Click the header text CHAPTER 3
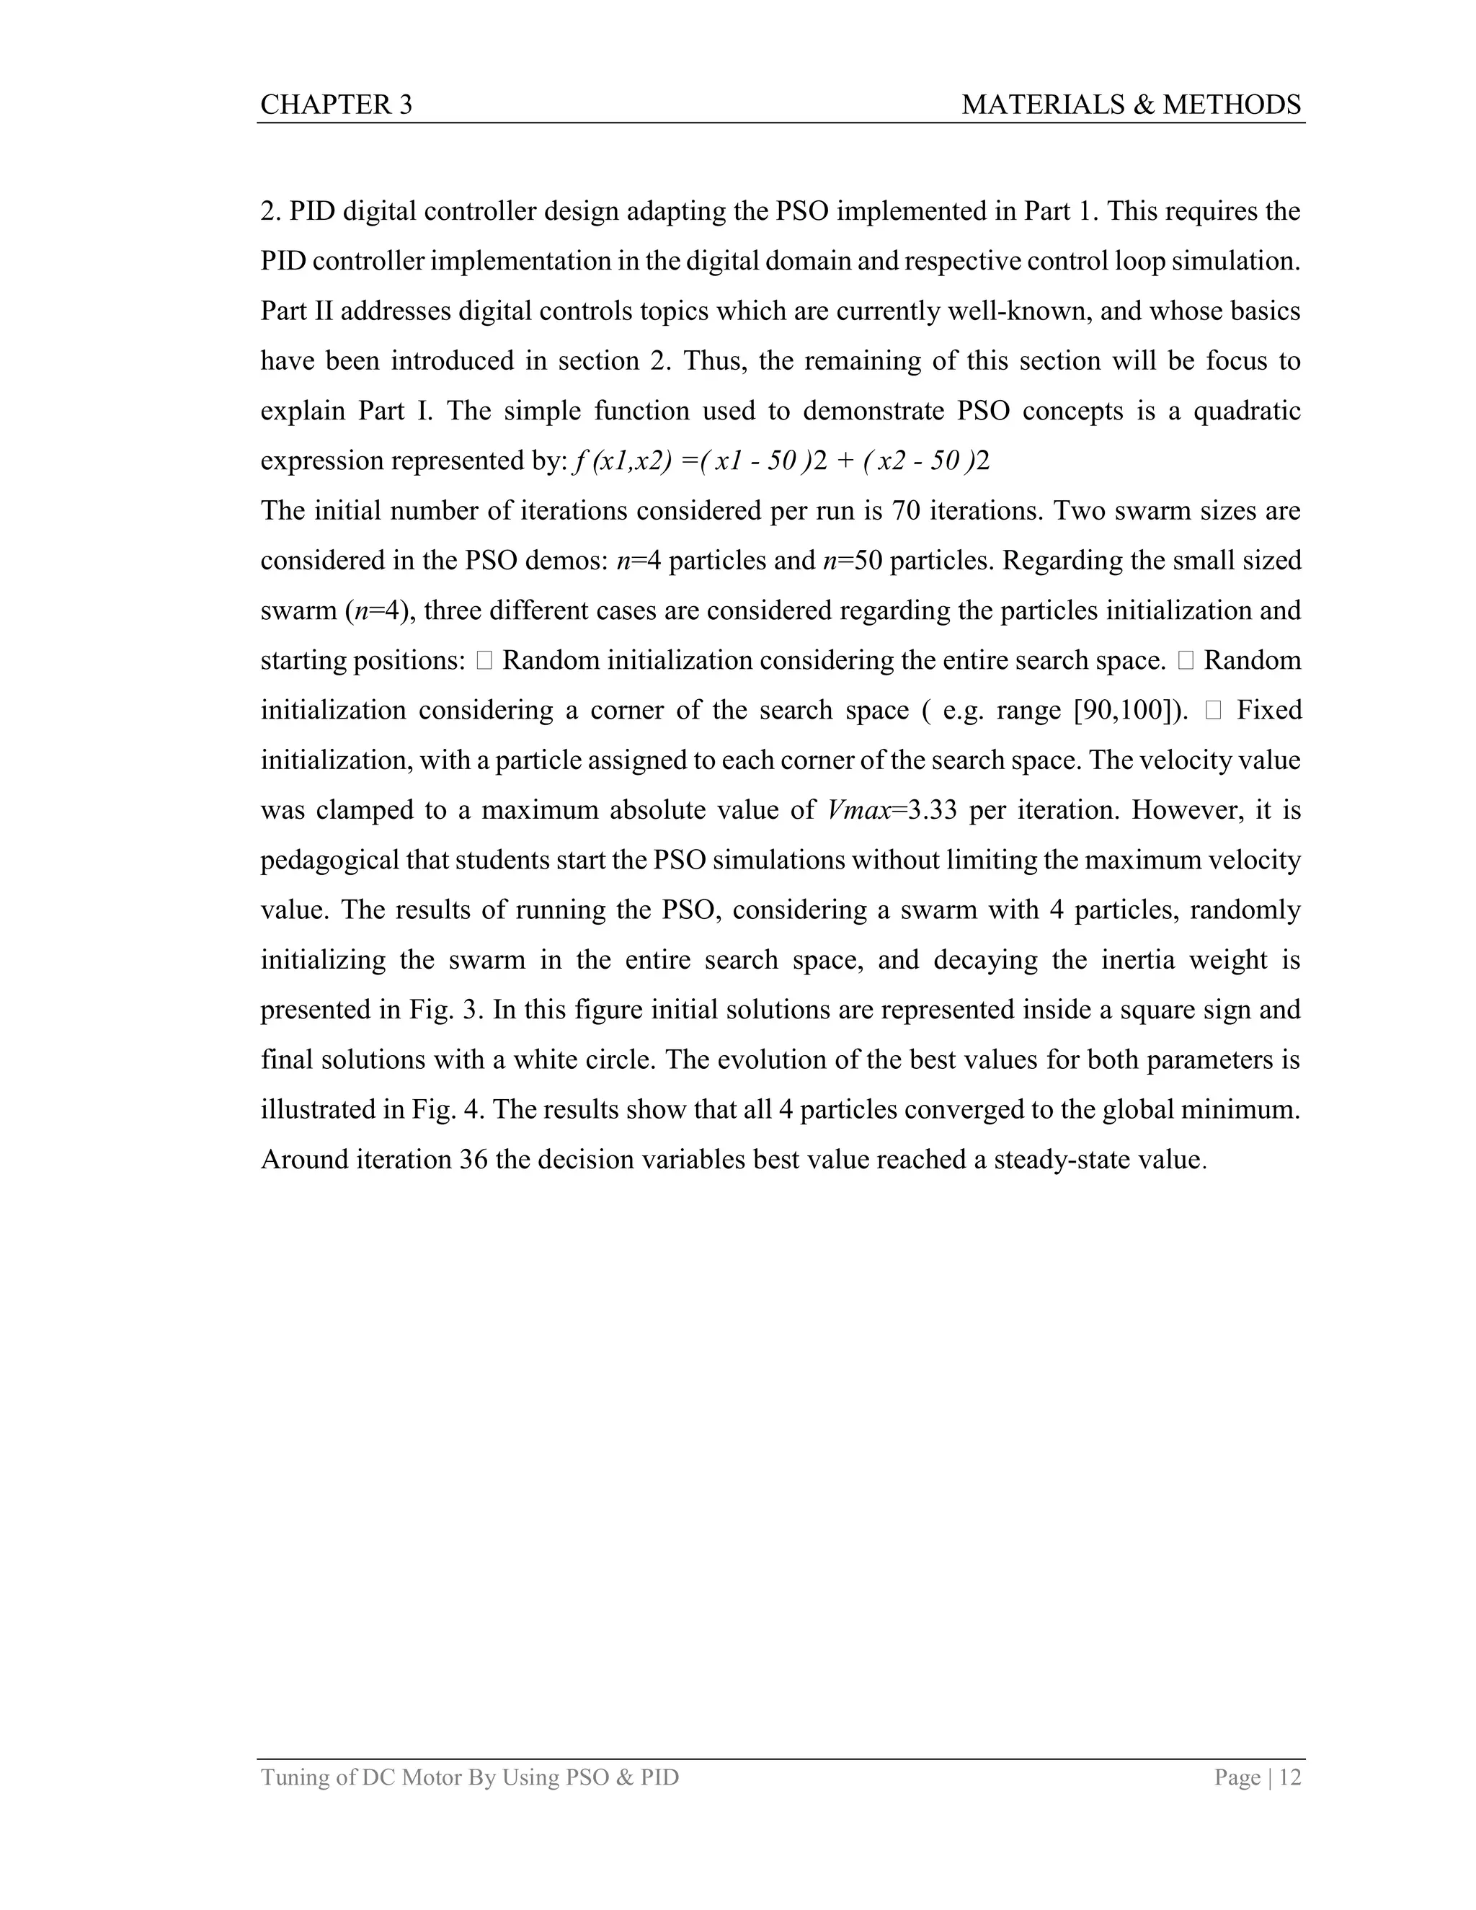(x=336, y=105)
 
